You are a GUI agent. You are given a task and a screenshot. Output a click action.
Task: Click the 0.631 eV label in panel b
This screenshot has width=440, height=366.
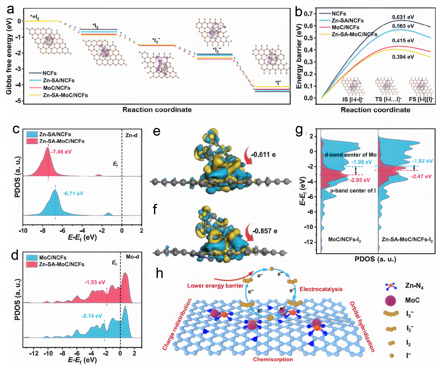pyautogui.click(x=403, y=17)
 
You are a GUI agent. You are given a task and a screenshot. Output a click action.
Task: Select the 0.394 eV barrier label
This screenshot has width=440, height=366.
pyautogui.click(x=403, y=57)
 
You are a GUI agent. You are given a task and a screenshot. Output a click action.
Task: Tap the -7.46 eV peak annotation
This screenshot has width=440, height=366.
pyautogui.click(x=61, y=152)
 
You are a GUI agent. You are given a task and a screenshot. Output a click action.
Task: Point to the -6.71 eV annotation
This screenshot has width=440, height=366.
pyautogui.click(x=73, y=194)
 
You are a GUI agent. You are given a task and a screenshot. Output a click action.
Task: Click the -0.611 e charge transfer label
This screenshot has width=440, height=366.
pyautogui.click(x=263, y=155)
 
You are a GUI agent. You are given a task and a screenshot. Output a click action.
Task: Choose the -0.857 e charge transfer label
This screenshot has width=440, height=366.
pyautogui.click(x=265, y=231)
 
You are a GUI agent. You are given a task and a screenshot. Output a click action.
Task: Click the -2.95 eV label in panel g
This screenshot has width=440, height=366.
pyautogui.click(x=360, y=180)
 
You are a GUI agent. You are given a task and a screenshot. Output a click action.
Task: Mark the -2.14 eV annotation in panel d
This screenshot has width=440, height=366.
pyautogui.click(x=92, y=316)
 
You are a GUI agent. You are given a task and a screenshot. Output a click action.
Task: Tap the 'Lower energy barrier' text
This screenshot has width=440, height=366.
pyautogui.click(x=215, y=286)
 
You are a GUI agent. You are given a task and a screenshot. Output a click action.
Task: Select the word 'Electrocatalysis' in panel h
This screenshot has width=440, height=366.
pyautogui.click(x=321, y=289)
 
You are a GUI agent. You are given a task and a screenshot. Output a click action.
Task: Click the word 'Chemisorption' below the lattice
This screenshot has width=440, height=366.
pyautogui.click(x=273, y=359)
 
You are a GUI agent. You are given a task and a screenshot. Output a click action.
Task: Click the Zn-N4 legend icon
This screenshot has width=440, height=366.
pyautogui.click(x=391, y=286)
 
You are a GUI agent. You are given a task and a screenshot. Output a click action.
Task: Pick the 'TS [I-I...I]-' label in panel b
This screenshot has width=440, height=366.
pyautogui.click(x=388, y=99)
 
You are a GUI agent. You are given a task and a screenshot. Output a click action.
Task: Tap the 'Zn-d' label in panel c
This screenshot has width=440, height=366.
pyautogui.click(x=131, y=135)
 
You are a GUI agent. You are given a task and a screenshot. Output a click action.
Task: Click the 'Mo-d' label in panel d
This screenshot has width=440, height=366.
pyautogui.click(x=132, y=257)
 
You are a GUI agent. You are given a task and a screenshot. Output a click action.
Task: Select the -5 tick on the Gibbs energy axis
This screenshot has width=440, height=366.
pyautogui.click(x=19, y=101)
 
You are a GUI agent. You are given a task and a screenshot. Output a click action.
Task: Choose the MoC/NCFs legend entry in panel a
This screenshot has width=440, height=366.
pyautogui.click(x=56, y=88)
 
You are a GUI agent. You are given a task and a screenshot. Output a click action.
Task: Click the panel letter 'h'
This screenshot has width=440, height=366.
pyautogui.click(x=159, y=273)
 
